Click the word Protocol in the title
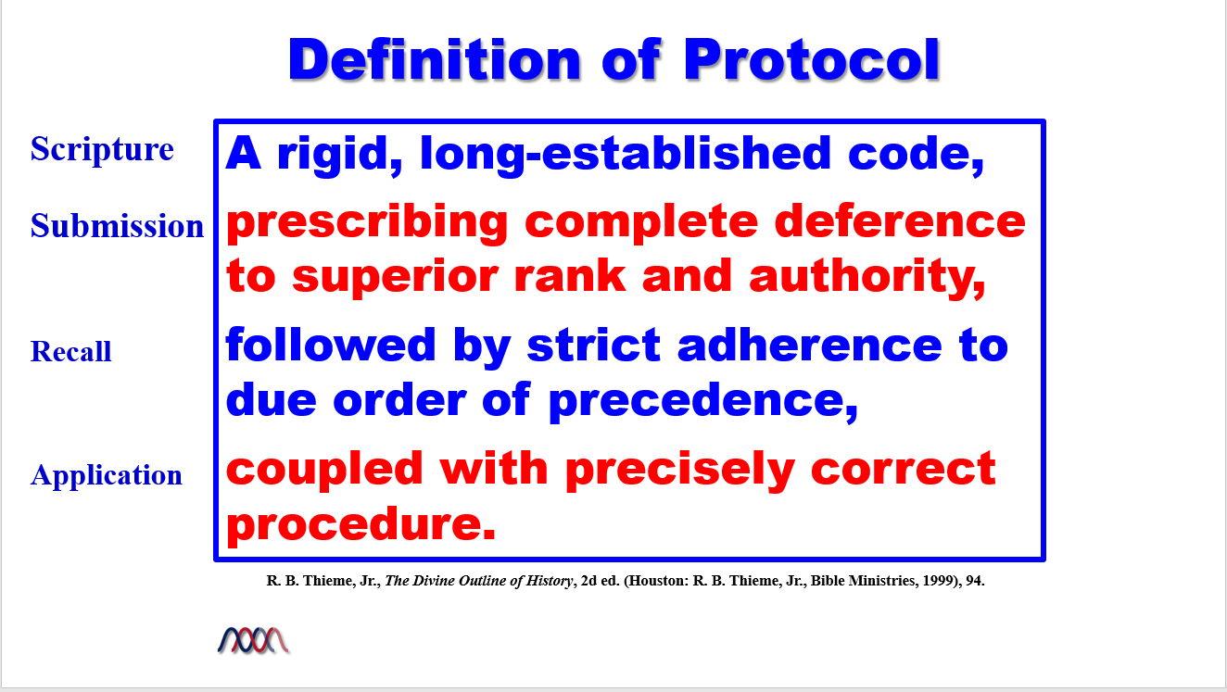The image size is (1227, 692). (812, 59)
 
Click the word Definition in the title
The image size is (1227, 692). (435, 59)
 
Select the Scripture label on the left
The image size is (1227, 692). (102, 149)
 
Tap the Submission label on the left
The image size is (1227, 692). (117, 225)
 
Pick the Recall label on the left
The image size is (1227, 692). (70, 351)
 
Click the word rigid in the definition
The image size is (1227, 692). (339, 156)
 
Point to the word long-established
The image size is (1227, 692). (626, 156)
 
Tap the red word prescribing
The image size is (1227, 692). (367, 224)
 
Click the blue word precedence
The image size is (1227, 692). (702, 402)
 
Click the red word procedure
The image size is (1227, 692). (361, 525)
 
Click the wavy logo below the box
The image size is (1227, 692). (254, 640)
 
